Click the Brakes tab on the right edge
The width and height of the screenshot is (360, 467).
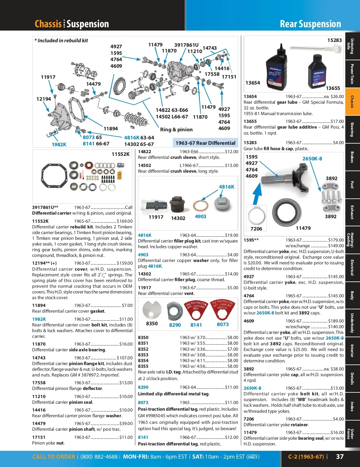click(352, 157)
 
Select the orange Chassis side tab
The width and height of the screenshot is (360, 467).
click(352, 102)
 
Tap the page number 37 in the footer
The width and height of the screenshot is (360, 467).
click(340, 457)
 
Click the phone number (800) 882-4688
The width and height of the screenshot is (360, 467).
click(99, 457)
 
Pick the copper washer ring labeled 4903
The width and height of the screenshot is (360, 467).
click(201, 206)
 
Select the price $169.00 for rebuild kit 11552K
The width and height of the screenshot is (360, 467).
click(125, 221)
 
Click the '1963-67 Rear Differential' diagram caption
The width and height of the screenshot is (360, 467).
click(205, 143)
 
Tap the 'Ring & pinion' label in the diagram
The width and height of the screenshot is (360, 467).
click(176, 129)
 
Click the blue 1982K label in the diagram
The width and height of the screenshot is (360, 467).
click(59, 144)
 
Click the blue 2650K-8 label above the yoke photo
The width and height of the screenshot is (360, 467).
click(312, 159)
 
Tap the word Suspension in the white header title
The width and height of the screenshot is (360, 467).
click(88, 24)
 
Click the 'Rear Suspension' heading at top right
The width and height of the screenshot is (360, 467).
click(310, 24)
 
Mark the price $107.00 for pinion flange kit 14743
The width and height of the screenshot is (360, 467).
click(125, 358)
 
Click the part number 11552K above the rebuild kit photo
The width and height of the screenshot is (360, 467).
click(121, 154)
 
